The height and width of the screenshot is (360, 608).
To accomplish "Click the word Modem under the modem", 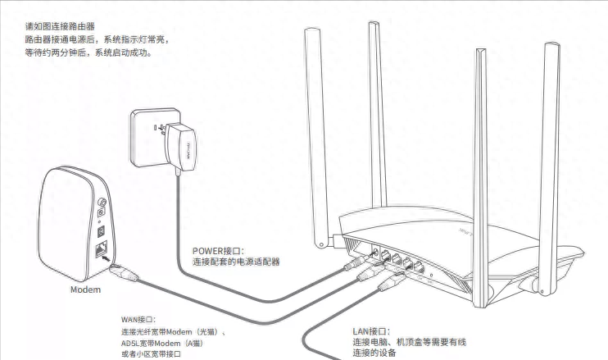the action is pyautogui.click(x=85, y=289).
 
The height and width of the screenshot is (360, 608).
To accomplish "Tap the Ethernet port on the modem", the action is pyautogui.click(x=102, y=249).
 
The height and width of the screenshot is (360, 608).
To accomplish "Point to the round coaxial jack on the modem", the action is pyautogui.click(x=102, y=202).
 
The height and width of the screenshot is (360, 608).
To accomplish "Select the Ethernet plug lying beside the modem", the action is pyautogui.click(x=124, y=272).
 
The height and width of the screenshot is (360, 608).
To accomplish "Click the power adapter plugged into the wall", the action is pyautogui.click(x=180, y=148).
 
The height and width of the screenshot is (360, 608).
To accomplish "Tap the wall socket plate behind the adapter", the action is pyautogui.click(x=155, y=137).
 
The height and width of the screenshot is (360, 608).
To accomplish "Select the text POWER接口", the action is pyautogui.click(x=219, y=252).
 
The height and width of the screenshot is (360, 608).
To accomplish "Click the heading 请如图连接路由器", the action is pyautogui.click(x=60, y=27).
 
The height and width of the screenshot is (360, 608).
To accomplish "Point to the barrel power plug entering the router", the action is pyautogui.click(x=356, y=262).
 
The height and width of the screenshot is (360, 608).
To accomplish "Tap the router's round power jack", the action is pyautogui.click(x=374, y=253).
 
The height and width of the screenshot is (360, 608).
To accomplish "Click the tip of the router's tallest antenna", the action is pyautogui.click(x=374, y=23).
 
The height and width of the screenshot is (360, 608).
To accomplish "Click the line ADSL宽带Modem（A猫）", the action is pyautogui.click(x=162, y=344).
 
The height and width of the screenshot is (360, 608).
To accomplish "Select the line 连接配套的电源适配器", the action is pyautogui.click(x=236, y=262).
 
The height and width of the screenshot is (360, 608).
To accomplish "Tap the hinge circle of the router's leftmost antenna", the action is pyautogui.click(x=321, y=244).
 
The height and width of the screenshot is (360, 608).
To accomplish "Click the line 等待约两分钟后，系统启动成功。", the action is pyautogui.click(x=88, y=52).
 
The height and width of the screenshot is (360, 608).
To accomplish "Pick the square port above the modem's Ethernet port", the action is pyautogui.click(x=102, y=231).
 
